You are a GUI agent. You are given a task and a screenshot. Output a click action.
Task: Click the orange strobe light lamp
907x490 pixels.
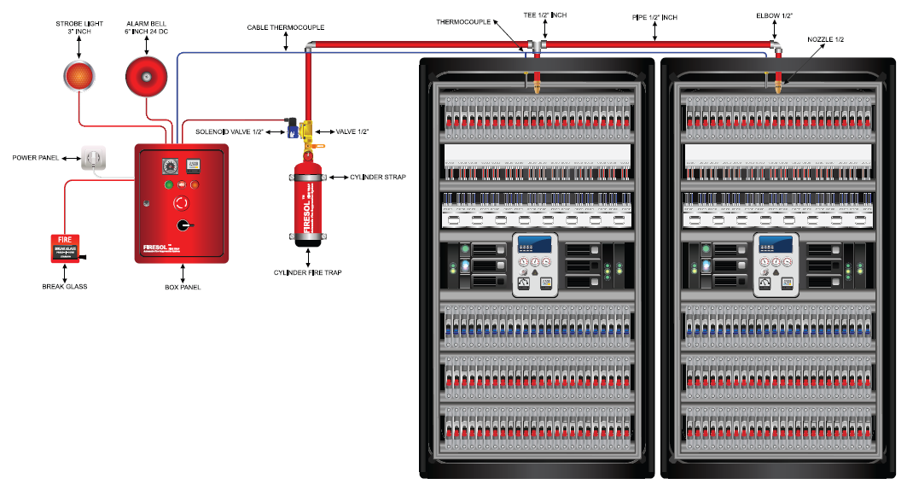pyautogui.click(x=78, y=76)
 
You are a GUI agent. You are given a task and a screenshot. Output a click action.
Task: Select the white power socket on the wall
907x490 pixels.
pyautogui.click(x=92, y=157)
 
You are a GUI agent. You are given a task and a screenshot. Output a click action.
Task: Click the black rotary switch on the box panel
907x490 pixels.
pyautogui.click(x=182, y=225)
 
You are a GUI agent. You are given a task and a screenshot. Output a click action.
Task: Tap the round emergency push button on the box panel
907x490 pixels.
pyautogui.click(x=181, y=203)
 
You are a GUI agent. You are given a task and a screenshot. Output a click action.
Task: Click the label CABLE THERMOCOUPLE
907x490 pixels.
pyautogui.click(x=286, y=27)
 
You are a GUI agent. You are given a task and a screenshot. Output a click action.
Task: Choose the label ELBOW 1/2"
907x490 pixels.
pyautogui.click(x=775, y=15)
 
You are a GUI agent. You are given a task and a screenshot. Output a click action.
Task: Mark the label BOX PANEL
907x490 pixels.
pyautogui.click(x=183, y=287)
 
